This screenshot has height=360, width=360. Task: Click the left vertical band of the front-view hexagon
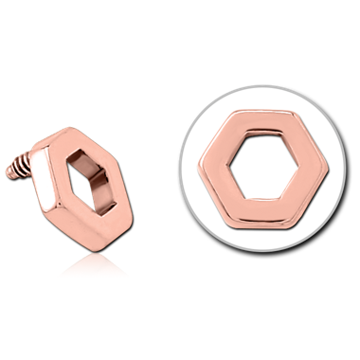coord(221,180)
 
